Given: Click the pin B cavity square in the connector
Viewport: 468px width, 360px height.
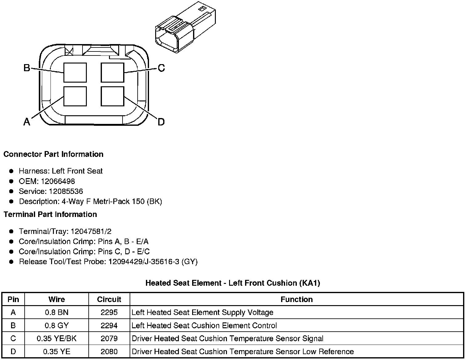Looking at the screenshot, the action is [75, 72].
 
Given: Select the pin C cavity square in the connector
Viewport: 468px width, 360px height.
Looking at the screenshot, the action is [113, 72].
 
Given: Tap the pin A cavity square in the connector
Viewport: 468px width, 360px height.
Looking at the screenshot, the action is [75, 96].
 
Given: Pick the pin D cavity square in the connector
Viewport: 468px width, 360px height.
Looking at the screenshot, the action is [113, 96].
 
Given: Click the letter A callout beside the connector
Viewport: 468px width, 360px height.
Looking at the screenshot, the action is [27, 122].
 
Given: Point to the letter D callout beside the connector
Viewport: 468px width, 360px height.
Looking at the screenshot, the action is [161, 122].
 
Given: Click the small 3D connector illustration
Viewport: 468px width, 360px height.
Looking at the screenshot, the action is [185, 28].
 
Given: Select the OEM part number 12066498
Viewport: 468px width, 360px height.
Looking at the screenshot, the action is [58, 181].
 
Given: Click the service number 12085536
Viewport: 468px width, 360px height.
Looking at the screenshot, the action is [66, 191].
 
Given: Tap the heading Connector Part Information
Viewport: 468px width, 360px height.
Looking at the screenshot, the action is [53, 154].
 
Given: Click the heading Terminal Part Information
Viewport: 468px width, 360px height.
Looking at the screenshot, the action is [50, 214].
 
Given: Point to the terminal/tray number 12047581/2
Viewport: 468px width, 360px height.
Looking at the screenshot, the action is [91, 231].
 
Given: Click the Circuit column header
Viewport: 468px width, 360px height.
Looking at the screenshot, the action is [109, 299].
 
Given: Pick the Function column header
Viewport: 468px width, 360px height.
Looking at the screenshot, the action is [297, 299].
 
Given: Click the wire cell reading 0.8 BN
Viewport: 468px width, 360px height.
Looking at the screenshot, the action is [57, 313].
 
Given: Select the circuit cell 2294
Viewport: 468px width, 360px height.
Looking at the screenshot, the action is [109, 325].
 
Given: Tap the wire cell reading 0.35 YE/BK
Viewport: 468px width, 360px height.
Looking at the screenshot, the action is [57, 338].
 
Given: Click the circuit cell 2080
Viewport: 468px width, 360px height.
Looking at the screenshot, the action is [109, 351].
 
